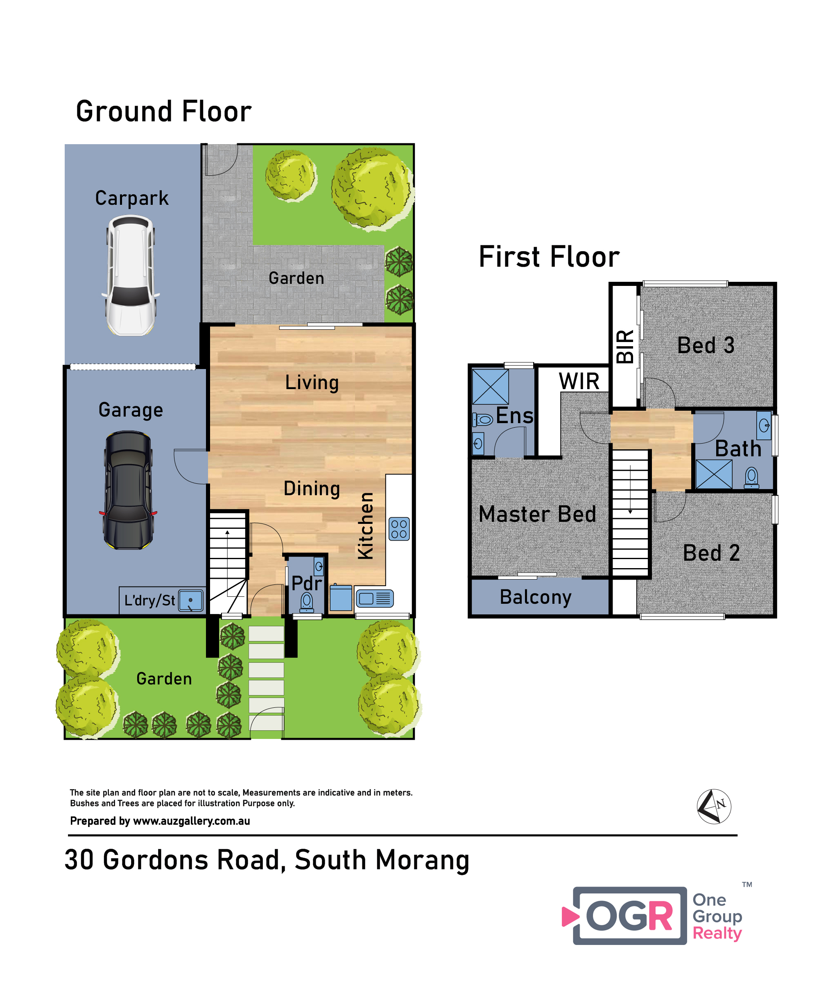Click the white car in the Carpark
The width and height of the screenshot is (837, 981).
[x=130, y=275]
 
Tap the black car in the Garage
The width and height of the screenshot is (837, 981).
[x=128, y=490]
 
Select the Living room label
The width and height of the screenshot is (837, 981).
[x=312, y=383]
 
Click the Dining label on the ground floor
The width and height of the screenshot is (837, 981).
[x=312, y=489]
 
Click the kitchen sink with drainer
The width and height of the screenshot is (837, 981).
[x=374, y=598]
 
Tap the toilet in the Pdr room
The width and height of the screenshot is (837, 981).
[x=307, y=602]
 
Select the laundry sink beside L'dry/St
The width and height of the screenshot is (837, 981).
[x=190, y=600]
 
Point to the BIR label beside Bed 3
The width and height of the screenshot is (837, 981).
[x=625, y=347]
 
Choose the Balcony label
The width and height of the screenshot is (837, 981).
[x=536, y=598]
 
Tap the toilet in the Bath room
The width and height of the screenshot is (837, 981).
[x=751, y=478]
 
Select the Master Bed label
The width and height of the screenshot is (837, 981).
[x=537, y=514]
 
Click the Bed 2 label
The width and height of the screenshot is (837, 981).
[x=711, y=553]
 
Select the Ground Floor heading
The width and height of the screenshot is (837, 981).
[x=164, y=112]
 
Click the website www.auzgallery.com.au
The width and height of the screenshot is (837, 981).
[x=191, y=821]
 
